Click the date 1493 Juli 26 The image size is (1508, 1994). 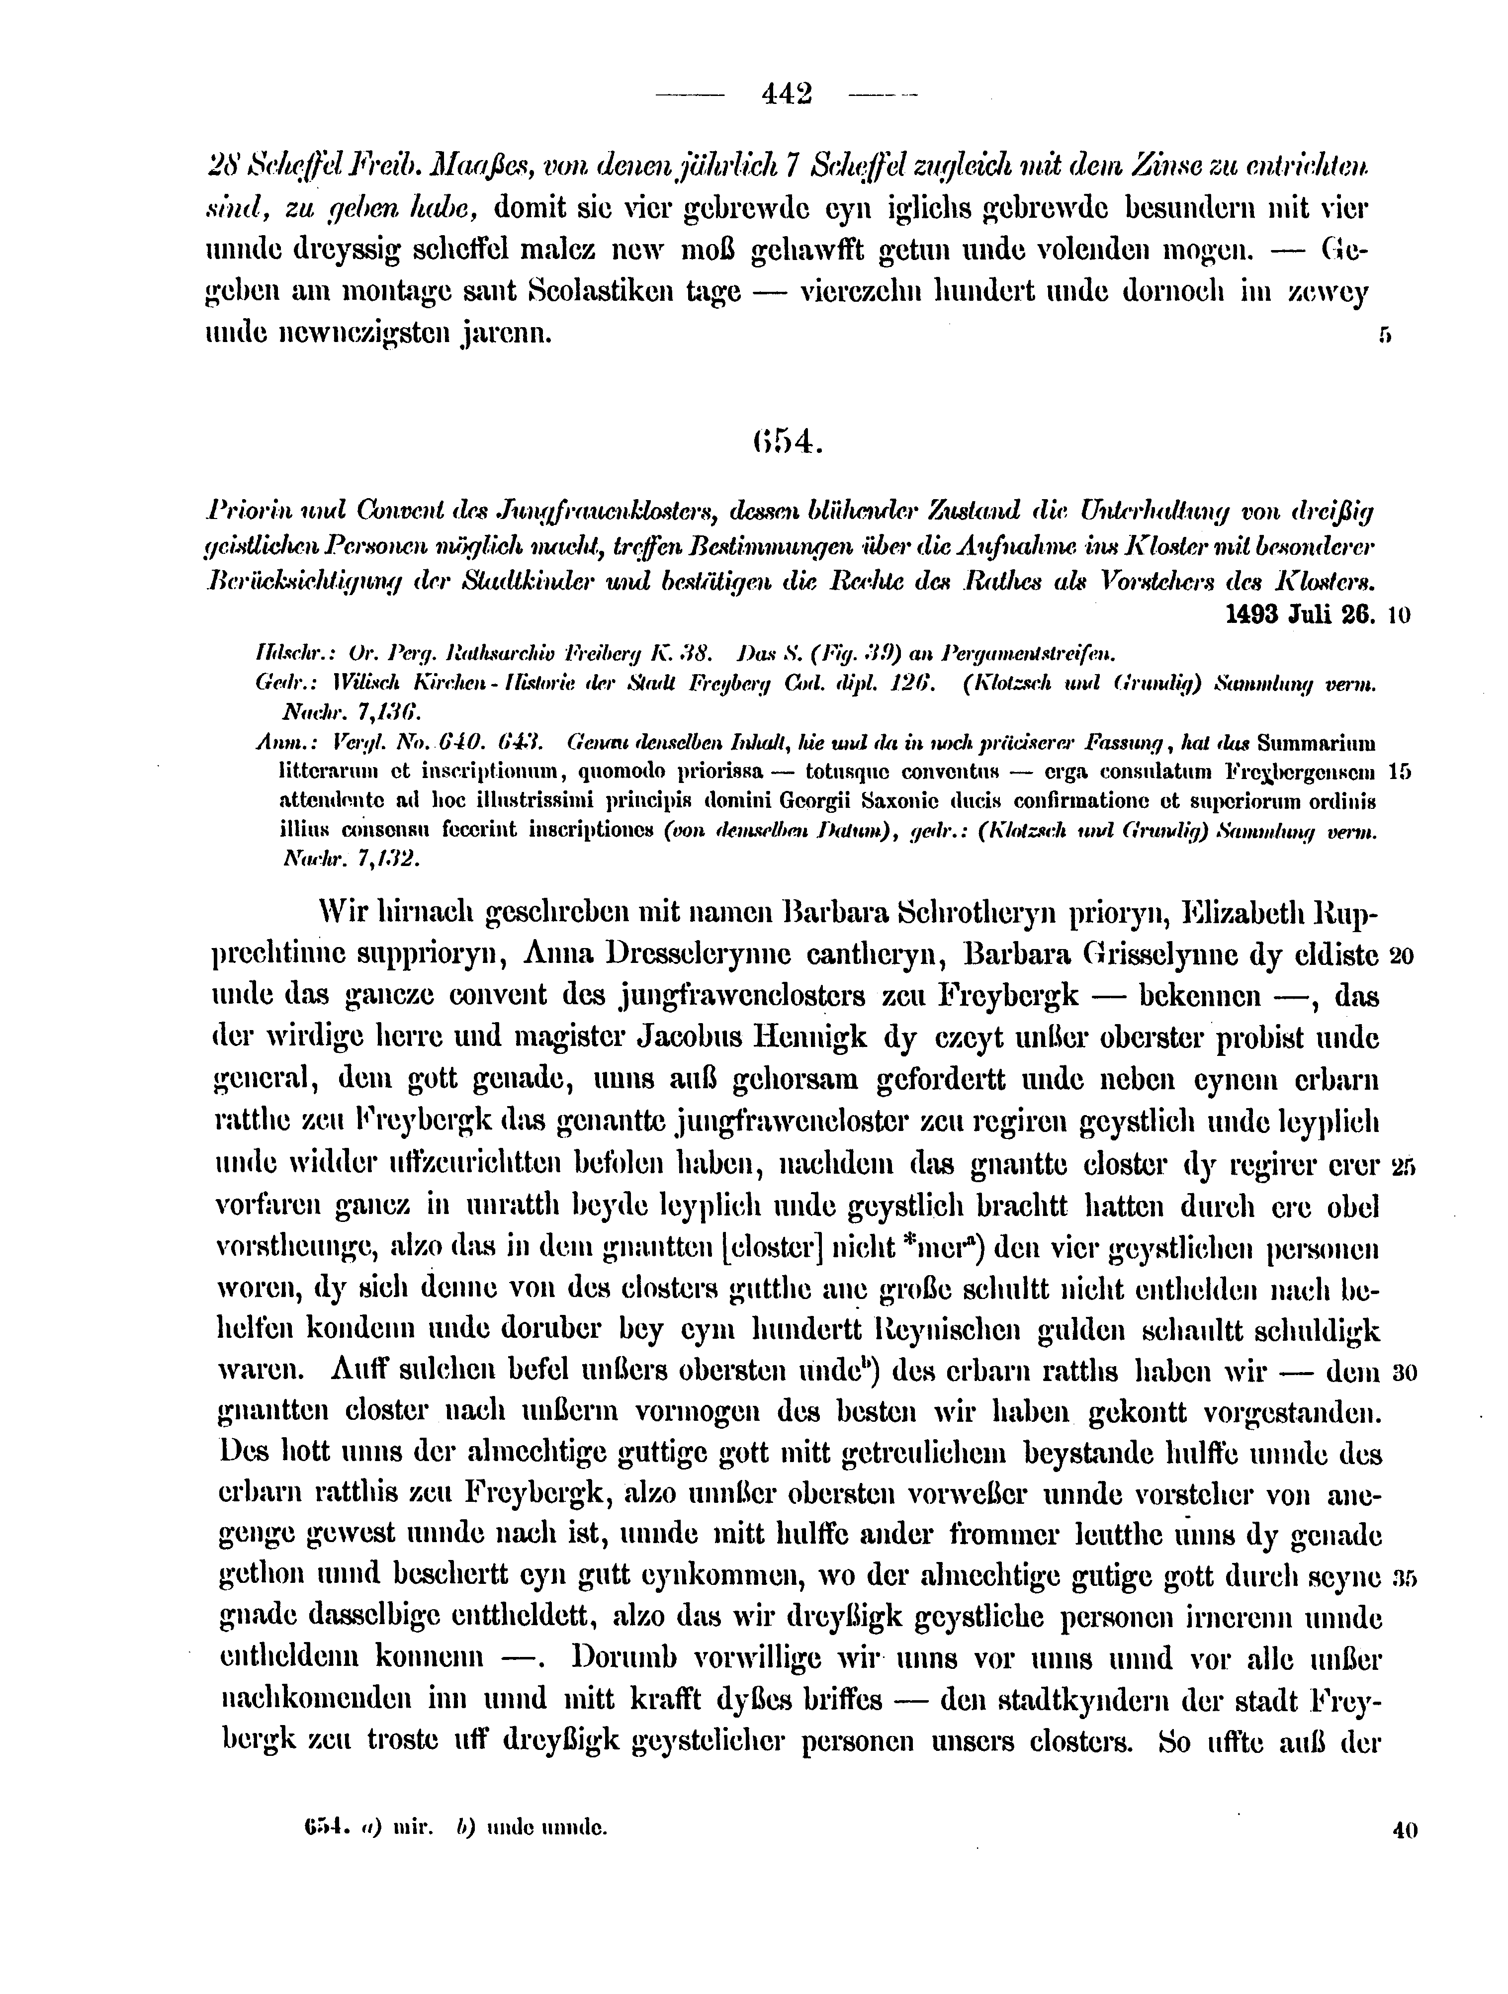click(1302, 615)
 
